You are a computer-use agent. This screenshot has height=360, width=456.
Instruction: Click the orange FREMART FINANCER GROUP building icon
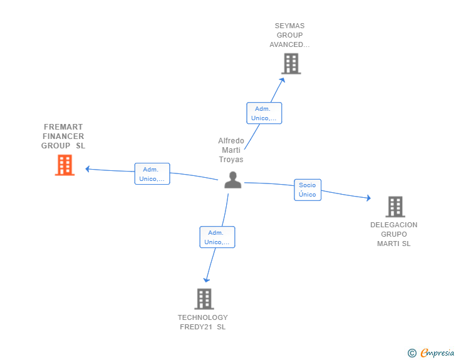point(65,165)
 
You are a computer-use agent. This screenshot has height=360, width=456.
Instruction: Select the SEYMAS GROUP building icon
point(291,63)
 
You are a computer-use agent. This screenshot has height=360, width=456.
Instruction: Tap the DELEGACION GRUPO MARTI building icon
point(395,207)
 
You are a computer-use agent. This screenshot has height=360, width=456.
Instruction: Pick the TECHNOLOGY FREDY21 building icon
point(204,299)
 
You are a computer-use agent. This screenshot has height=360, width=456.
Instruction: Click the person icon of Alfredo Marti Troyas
point(232,180)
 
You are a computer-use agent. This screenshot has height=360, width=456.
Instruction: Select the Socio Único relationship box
point(308,190)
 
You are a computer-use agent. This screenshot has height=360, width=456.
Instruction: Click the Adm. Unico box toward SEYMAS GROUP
point(264,113)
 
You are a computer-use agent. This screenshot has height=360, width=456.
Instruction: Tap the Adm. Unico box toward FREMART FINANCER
point(152,174)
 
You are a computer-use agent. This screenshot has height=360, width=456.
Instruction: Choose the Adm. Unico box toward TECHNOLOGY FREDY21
point(217,237)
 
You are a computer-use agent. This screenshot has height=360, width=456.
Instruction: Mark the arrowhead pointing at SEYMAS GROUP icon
point(282,80)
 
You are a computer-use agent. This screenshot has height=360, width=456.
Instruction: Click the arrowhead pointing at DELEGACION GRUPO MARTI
point(368,198)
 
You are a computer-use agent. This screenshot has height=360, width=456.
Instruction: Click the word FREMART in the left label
point(63,127)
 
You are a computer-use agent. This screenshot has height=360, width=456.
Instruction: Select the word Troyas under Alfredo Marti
point(231,160)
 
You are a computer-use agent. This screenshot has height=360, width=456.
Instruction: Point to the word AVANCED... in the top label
point(289,44)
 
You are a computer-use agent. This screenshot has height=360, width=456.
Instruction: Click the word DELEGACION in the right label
point(393,225)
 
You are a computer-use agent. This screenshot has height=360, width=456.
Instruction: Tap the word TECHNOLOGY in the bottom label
point(202,317)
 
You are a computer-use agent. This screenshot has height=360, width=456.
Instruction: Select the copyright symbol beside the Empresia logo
point(412,353)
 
